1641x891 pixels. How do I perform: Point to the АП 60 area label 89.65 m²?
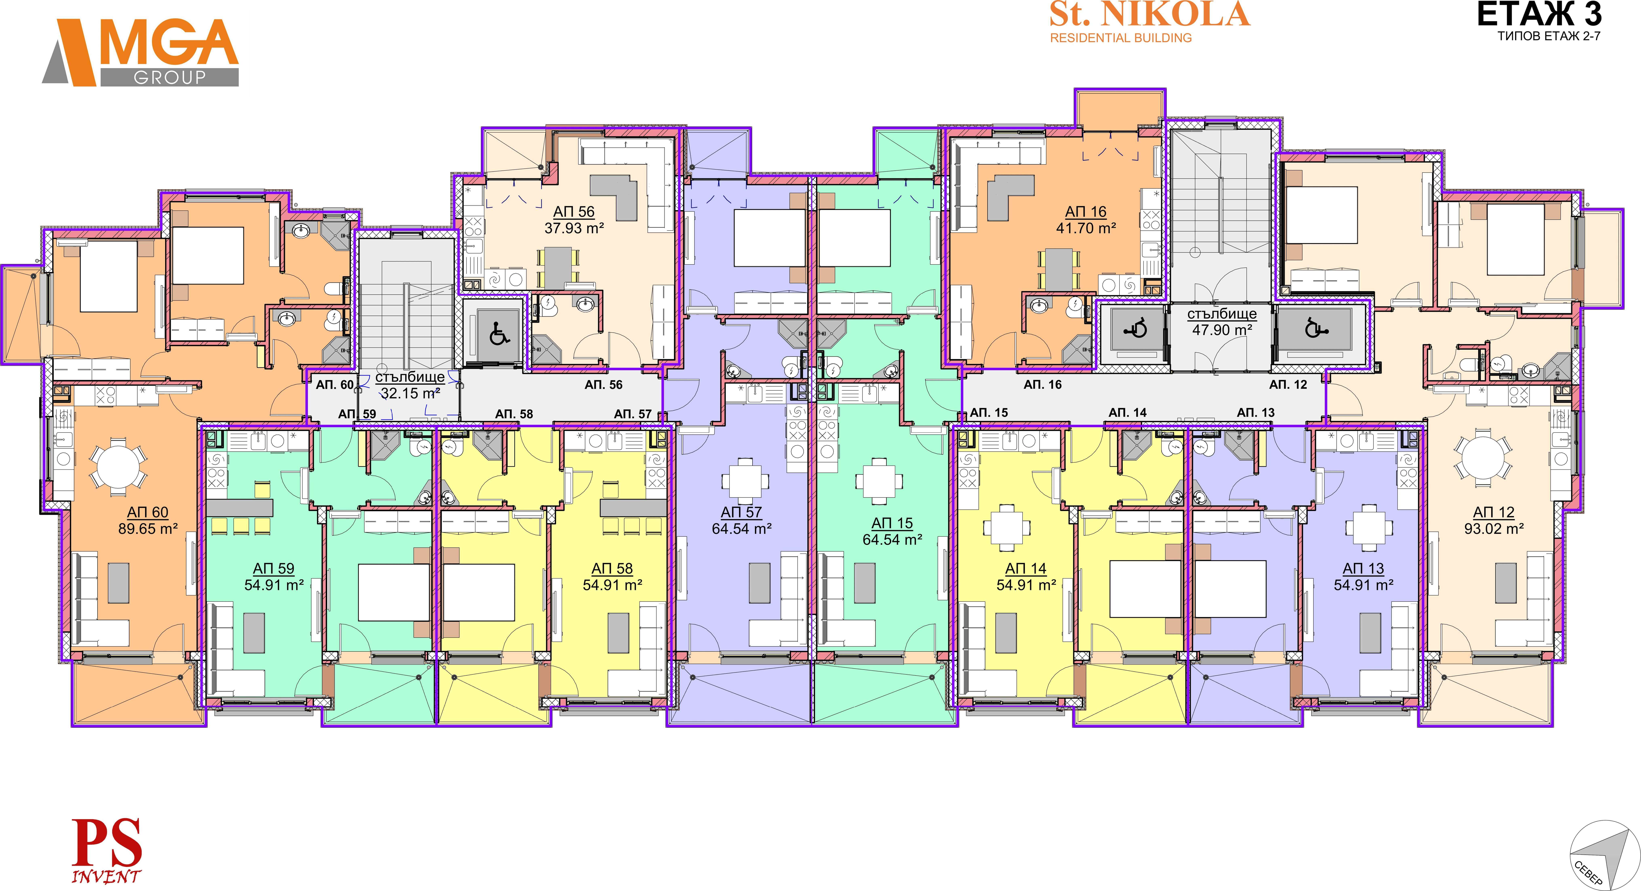148,528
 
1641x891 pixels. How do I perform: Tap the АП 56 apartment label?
574,212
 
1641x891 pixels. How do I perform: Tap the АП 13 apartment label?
1363,569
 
